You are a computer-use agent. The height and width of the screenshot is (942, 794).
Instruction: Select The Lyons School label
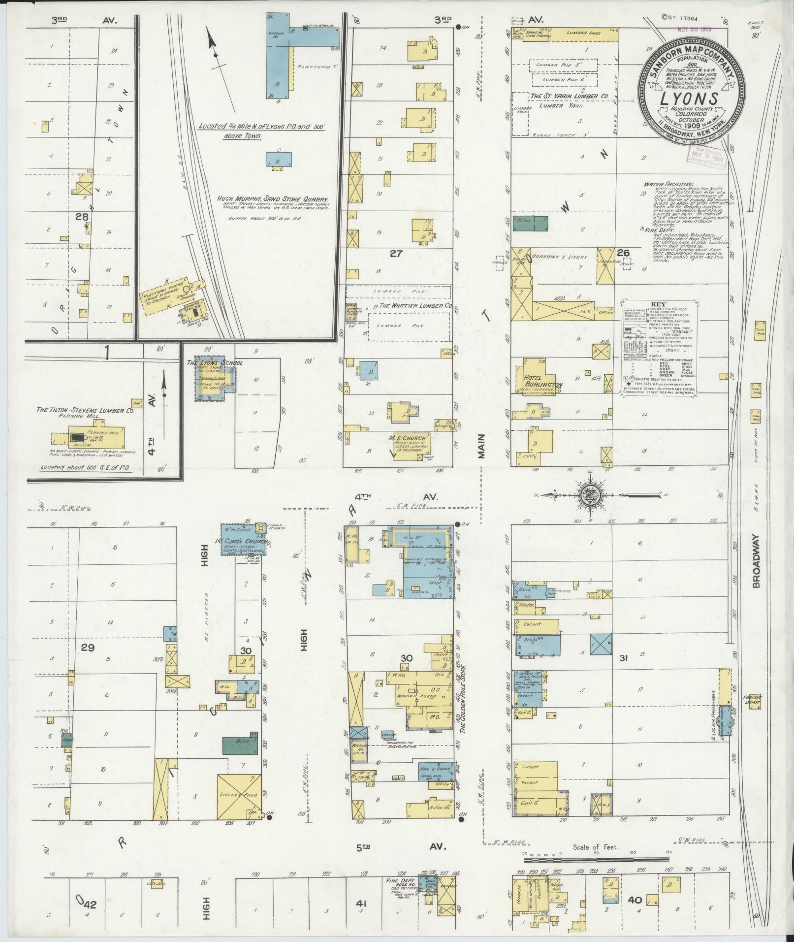tap(215, 363)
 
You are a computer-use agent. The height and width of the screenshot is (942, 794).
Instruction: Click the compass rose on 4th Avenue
tap(588, 495)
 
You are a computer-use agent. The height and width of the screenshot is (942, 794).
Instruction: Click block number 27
tap(396, 254)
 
